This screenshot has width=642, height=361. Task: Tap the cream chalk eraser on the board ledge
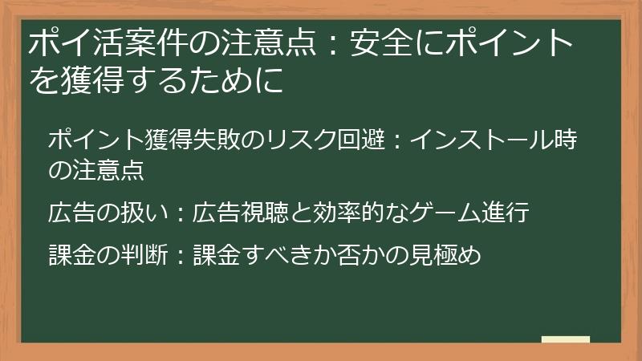tap(566, 339)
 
